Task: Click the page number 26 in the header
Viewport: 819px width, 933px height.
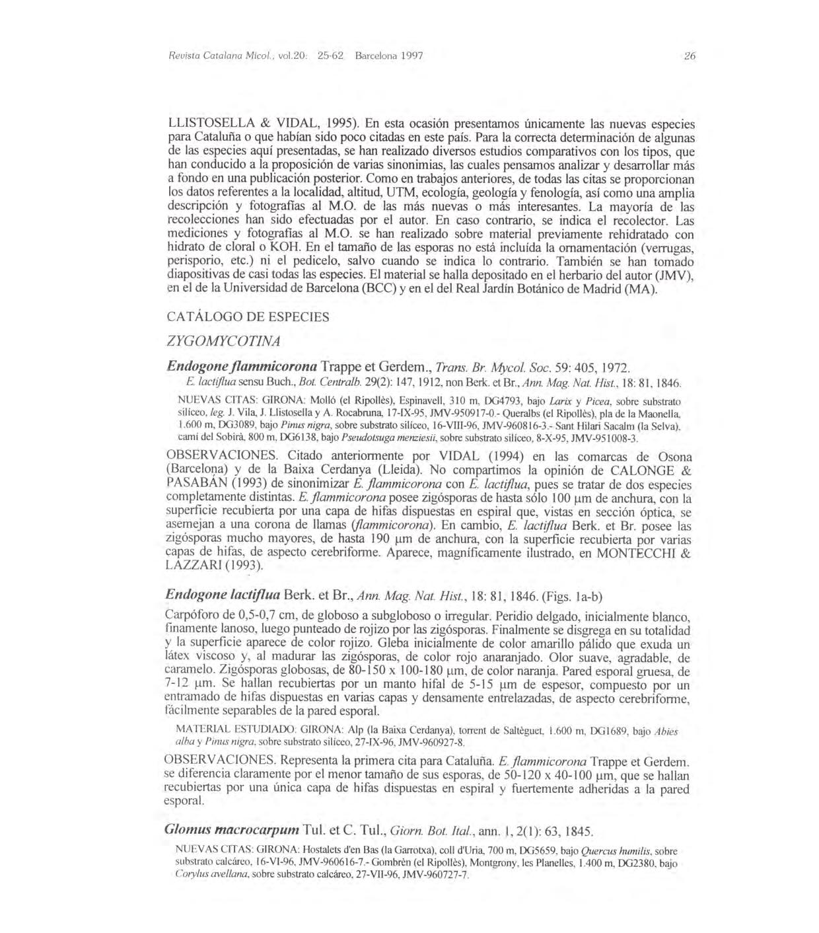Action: [690, 56]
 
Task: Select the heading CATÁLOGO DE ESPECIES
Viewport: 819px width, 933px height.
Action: [248, 317]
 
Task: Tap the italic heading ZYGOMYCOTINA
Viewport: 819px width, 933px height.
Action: [224, 341]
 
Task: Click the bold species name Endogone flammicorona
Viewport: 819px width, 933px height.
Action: [242, 366]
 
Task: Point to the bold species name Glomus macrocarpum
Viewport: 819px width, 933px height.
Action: [231, 830]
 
